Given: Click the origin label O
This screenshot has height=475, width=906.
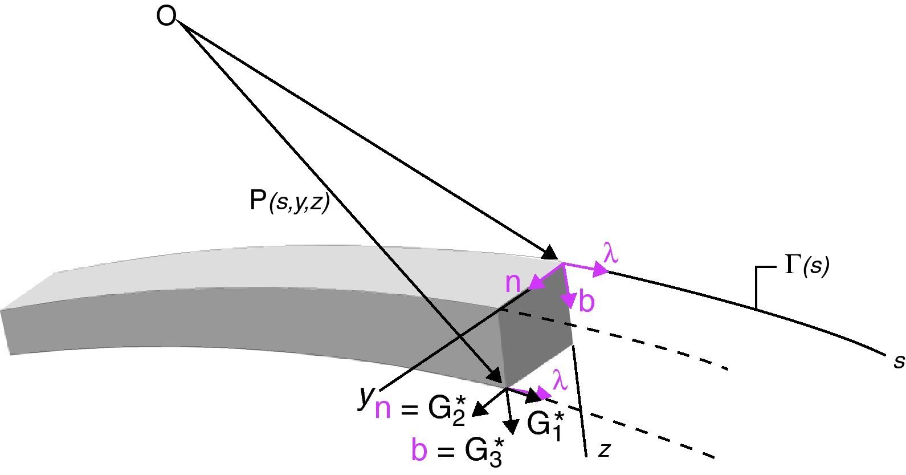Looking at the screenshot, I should click(x=166, y=17).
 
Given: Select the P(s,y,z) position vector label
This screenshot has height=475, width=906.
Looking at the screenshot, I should click(x=289, y=201).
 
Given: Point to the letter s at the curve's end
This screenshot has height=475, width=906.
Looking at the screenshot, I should click(x=899, y=360).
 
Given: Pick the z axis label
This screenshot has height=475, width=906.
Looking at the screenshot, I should click(x=605, y=450).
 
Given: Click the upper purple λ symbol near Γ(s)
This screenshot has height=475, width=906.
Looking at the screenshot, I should click(x=610, y=254).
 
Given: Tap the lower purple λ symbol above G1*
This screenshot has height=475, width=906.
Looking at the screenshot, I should click(x=560, y=380).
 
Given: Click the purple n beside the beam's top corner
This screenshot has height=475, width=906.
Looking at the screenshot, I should click(x=513, y=282).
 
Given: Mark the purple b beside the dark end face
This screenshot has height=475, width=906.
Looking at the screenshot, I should click(x=586, y=302).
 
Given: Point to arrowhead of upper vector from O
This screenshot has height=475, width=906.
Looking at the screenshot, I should click(x=551, y=254).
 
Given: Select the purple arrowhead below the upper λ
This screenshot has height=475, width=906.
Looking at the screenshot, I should click(x=600, y=270).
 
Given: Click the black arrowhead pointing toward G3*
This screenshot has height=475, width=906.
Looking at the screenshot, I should click(x=511, y=427).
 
